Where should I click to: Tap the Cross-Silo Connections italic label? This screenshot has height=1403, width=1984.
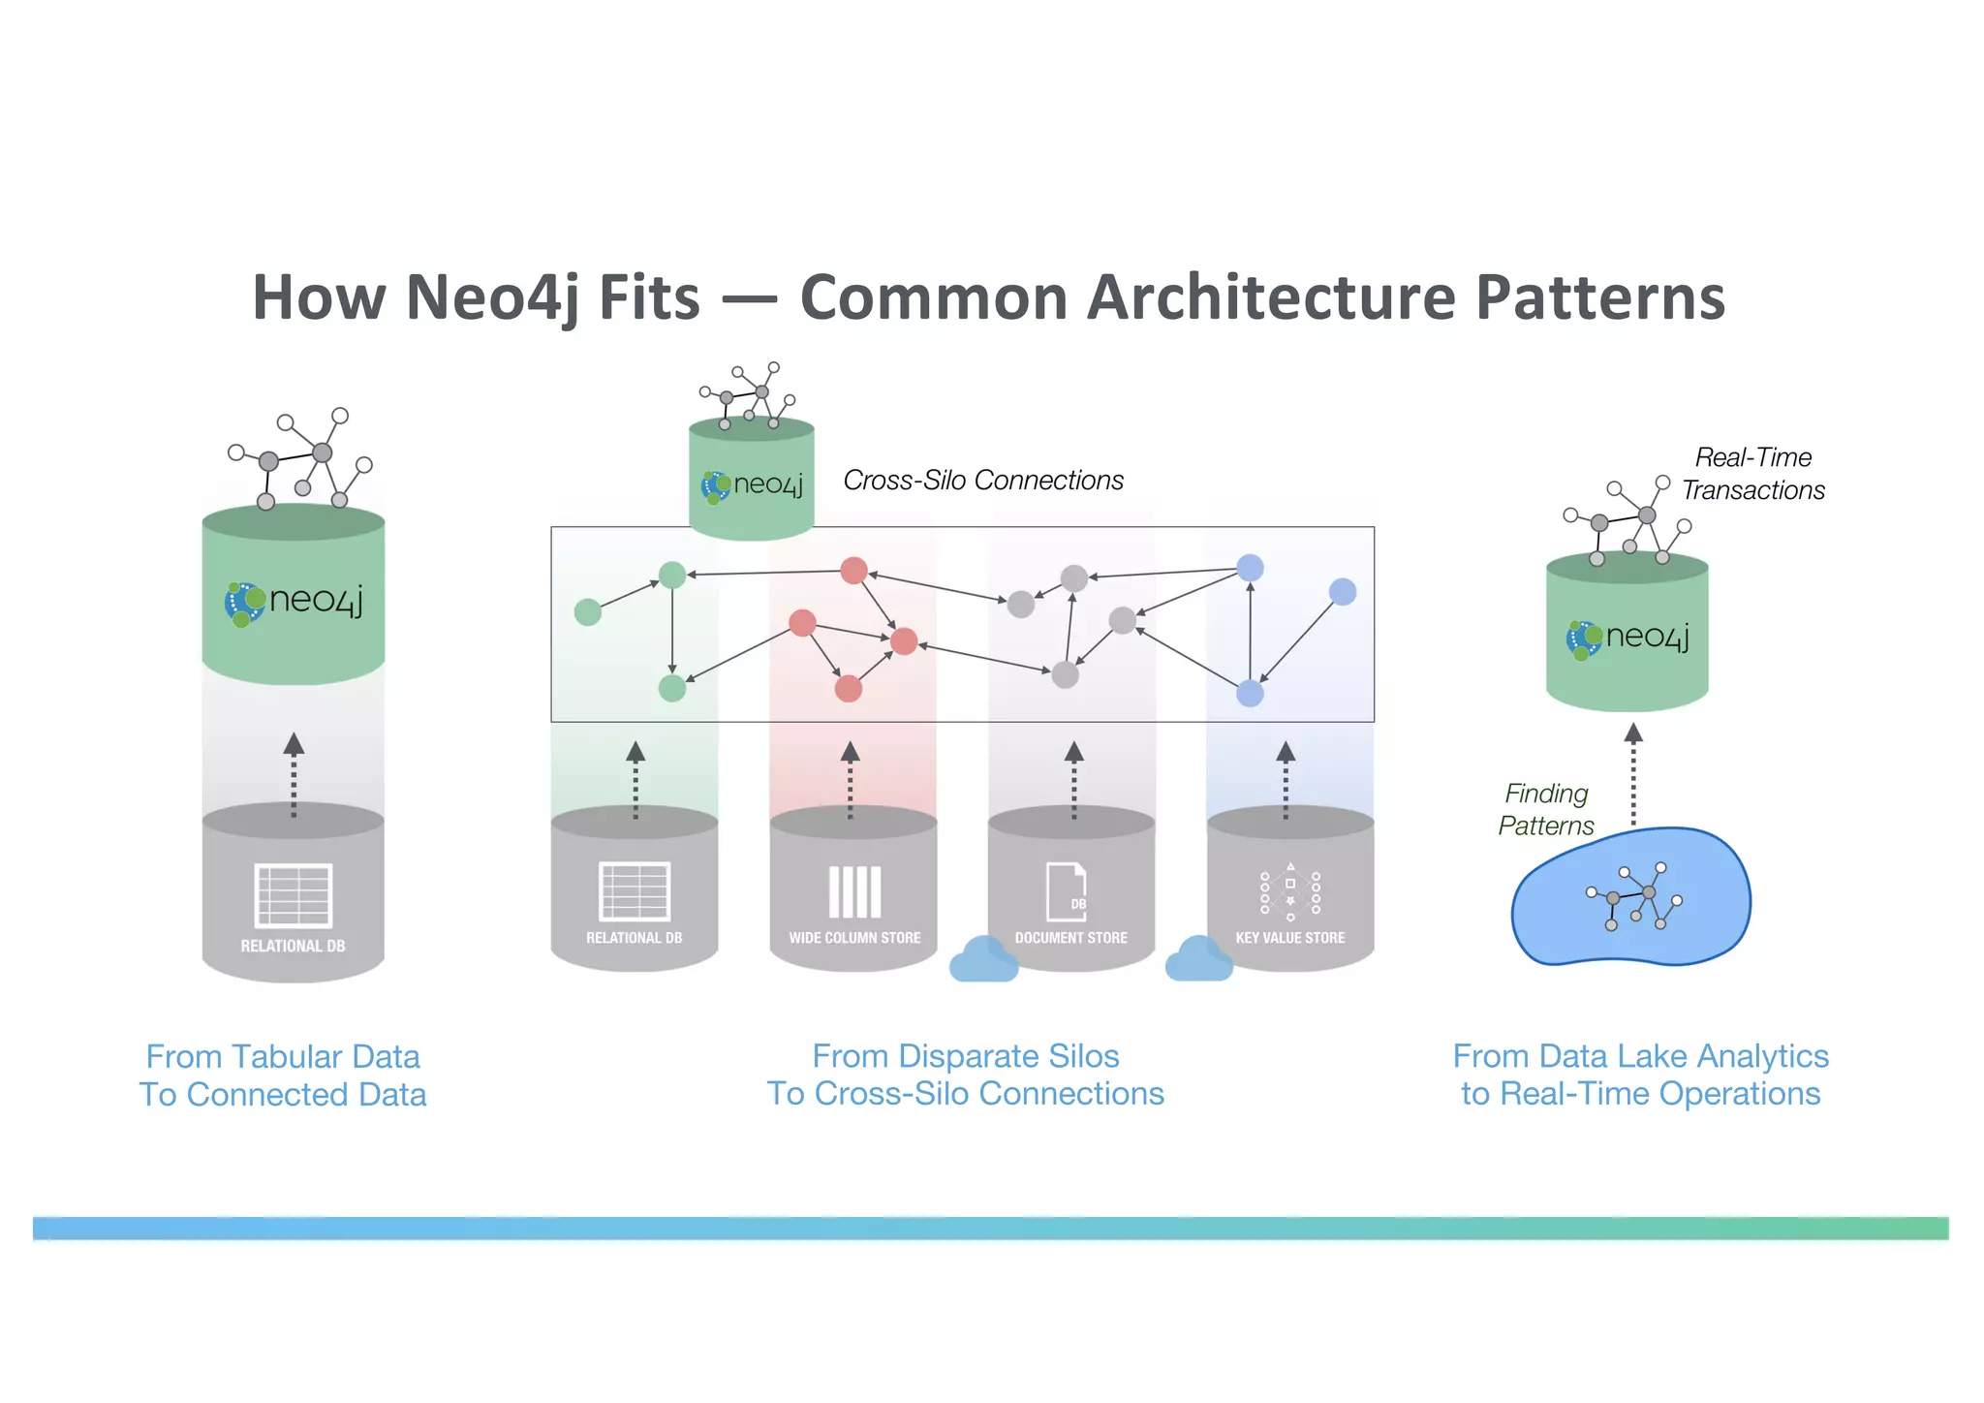pos(982,480)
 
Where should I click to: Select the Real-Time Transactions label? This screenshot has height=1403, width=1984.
pos(1752,474)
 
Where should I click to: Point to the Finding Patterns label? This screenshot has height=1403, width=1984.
pos(1546,809)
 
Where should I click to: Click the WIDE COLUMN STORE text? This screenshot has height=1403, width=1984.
pos(854,938)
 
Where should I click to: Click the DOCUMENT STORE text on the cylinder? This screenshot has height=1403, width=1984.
pos(1070,938)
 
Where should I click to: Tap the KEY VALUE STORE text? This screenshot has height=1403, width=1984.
pos(1289,938)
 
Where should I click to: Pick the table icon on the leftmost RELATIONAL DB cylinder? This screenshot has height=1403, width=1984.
pos(294,895)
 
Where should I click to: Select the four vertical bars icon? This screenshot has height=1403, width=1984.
pos(854,891)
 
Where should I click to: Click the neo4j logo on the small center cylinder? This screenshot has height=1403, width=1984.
pos(752,484)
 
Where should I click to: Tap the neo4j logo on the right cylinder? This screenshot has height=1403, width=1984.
pos(1627,638)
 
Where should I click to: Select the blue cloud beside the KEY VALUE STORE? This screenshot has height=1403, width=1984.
pos(1198,959)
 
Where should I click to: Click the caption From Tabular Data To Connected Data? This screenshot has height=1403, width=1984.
pos(283,1075)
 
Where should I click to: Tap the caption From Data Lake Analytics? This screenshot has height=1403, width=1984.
pos(1640,1056)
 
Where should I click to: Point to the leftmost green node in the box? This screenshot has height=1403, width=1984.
pos(588,612)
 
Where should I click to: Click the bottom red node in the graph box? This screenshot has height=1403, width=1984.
pos(849,689)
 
